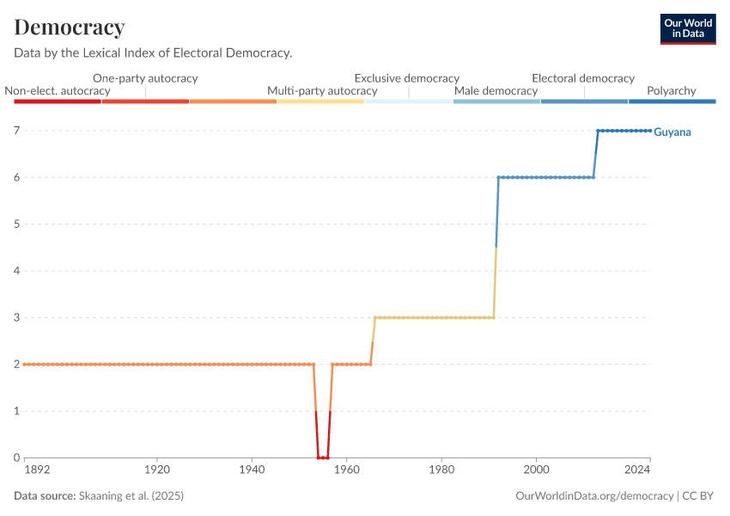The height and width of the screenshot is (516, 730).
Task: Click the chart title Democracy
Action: coord(70,28)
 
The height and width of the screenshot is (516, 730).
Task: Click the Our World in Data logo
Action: coord(687,28)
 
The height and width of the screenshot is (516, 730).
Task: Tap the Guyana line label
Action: coord(672,132)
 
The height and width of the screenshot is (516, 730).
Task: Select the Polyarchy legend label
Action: coord(672,90)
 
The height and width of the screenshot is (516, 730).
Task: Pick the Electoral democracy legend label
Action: coord(583,78)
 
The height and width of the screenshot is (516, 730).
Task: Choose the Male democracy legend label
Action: coord(496,90)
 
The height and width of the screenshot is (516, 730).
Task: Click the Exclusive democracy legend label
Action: coord(407,78)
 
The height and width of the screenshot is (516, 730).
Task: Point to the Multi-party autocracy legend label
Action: coord(322,90)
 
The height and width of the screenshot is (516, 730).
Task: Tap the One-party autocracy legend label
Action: coord(145,78)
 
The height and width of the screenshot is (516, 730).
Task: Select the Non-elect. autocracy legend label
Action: coord(58,90)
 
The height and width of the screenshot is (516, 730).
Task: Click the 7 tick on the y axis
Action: coord(16,131)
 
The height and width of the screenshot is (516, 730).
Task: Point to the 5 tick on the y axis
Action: coord(16,224)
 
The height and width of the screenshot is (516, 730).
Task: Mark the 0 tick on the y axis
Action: coord(16,458)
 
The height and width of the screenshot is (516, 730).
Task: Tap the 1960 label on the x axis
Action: coord(346,470)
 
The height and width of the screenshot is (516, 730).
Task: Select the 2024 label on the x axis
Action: coord(637,470)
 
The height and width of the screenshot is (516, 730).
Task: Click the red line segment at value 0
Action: coord(323,458)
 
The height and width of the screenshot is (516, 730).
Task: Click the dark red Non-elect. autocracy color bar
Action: coord(58,101)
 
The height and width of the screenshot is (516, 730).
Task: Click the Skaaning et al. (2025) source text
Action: coord(131,496)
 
